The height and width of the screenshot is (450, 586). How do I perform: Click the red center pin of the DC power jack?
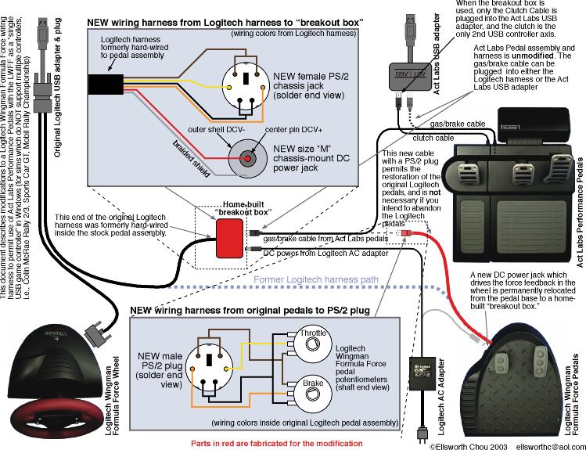[249, 160]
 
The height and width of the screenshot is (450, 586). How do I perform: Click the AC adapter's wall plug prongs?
[423, 434]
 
